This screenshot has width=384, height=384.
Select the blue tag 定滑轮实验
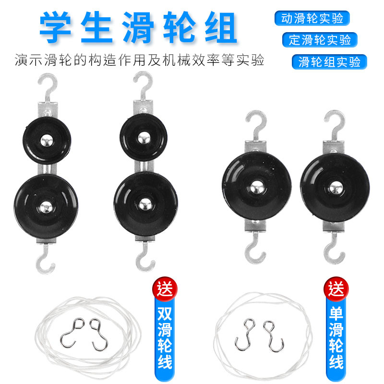(320, 39)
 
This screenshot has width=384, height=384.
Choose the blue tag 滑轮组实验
(329, 62)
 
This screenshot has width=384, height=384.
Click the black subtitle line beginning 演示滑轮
(139, 61)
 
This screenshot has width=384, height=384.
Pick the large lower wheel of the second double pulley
(143, 204)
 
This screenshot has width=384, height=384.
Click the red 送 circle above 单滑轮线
(336, 289)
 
